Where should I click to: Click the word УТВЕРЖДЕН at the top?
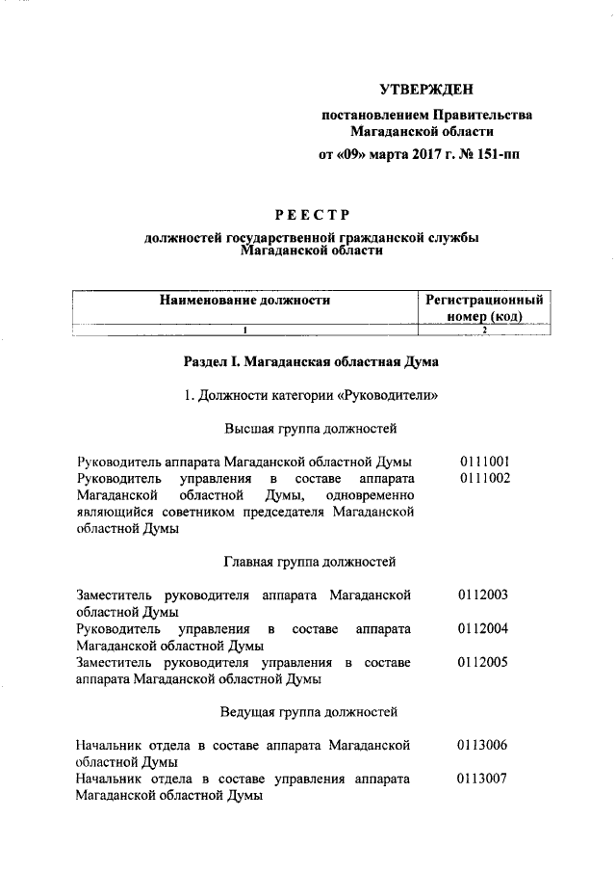(x=425, y=91)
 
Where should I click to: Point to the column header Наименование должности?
(x=244, y=301)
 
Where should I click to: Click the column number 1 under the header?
(x=245, y=330)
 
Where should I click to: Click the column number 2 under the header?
(x=485, y=330)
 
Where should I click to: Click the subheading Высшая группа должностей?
(x=311, y=428)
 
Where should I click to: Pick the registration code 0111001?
(x=485, y=462)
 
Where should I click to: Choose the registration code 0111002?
(x=485, y=478)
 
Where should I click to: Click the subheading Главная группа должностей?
(x=310, y=561)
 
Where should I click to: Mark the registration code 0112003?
(x=485, y=595)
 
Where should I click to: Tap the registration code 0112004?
(x=485, y=629)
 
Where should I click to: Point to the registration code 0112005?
(x=485, y=662)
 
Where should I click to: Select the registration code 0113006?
(x=485, y=746)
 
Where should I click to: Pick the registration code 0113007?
(x=485, y=779)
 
